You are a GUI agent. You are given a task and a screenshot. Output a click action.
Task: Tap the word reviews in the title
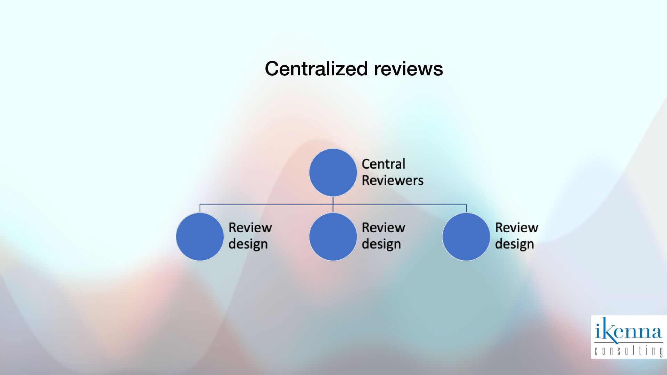408,68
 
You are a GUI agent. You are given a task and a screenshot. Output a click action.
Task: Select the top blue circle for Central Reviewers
333,172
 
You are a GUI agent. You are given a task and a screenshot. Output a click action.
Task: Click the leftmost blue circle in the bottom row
200,236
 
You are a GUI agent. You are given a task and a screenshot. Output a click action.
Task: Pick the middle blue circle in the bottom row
333,236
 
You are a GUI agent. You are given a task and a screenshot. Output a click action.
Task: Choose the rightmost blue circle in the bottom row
466,236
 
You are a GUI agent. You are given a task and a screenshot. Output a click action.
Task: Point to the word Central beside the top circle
383,164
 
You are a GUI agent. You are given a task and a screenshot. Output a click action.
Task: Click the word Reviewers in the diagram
393,180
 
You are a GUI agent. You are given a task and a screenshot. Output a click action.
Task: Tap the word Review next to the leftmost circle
250,228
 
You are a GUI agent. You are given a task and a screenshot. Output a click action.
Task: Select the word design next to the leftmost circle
248,244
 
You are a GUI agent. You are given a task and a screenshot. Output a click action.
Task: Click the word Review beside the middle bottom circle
383,228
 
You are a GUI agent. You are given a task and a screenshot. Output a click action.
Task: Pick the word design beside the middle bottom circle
381,244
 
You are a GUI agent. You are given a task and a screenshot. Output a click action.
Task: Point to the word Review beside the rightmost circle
517,228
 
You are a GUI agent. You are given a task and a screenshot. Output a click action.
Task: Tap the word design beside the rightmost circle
514,244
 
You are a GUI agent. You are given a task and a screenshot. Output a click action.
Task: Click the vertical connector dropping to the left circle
200,208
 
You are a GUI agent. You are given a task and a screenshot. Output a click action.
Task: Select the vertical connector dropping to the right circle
466,208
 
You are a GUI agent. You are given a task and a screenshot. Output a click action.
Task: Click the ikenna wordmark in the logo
628,331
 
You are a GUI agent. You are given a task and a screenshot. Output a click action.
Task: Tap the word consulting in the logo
628,351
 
